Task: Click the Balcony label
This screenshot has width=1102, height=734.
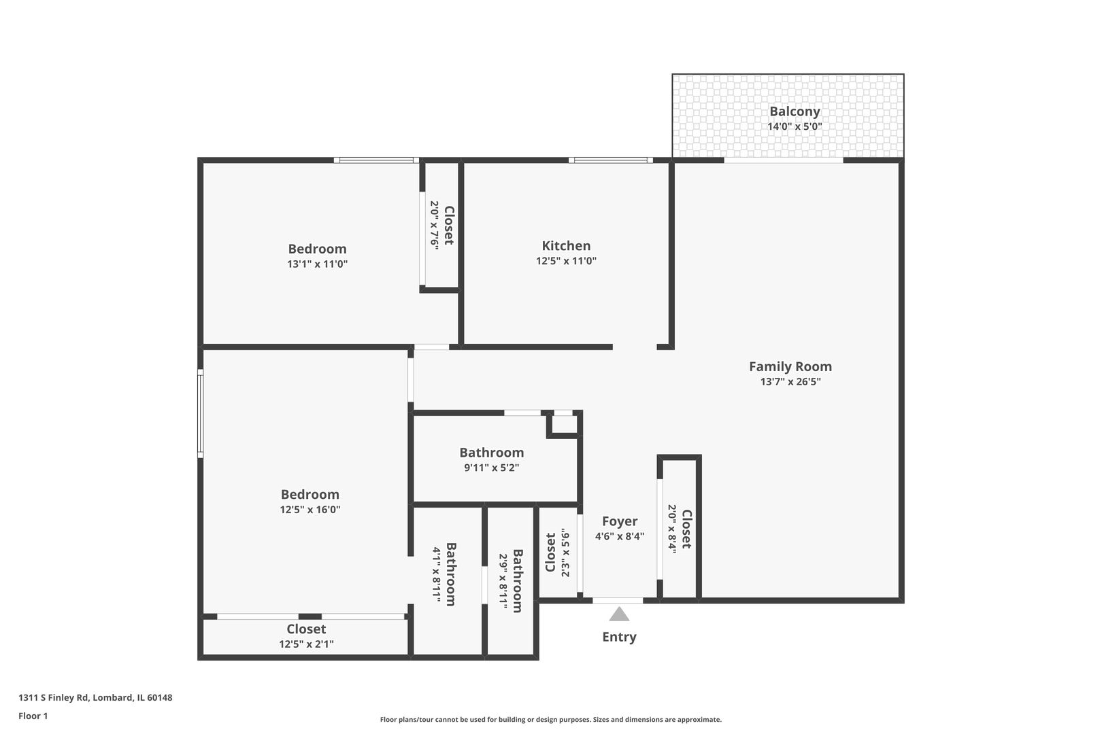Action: (795, 111)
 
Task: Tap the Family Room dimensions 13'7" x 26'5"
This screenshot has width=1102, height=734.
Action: (790, 382)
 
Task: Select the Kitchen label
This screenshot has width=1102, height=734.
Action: (566, 246)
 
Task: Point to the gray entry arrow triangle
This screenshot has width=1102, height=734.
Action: (619, 615)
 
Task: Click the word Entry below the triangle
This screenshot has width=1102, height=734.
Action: (619, 637)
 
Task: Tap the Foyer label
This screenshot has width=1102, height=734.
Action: (620, 521)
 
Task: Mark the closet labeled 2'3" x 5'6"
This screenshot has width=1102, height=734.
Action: (557, 552)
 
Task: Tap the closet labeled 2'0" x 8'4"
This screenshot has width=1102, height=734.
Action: (680, 529)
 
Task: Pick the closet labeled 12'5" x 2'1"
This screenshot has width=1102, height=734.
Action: (306, 636)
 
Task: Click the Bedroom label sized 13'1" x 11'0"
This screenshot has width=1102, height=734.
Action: (317, 249)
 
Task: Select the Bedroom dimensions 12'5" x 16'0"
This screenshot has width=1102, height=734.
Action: (310, 510)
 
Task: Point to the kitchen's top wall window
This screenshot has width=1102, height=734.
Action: (610, 160)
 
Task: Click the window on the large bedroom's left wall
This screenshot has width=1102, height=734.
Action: (201, 413)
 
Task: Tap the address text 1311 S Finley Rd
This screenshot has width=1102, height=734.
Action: (95, 697)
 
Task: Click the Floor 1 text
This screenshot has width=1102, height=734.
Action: (33, 716)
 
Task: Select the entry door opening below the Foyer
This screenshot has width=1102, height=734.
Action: (618, 601)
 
